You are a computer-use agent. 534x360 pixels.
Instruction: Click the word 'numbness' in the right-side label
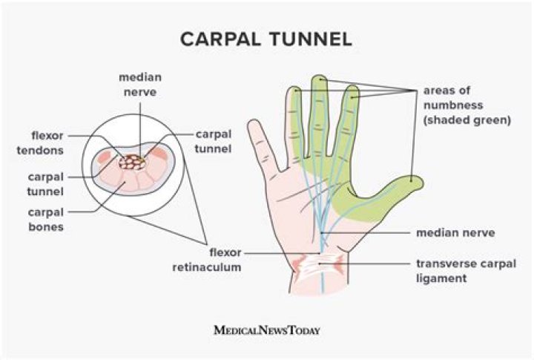454,105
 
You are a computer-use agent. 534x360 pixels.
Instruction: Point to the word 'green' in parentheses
490,119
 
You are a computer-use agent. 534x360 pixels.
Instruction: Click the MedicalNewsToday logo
267,329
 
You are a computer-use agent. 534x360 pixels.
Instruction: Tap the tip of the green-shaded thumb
416,180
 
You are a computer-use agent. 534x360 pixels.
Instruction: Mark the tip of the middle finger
320,79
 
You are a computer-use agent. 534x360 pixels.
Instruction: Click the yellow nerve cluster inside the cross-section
134,161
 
